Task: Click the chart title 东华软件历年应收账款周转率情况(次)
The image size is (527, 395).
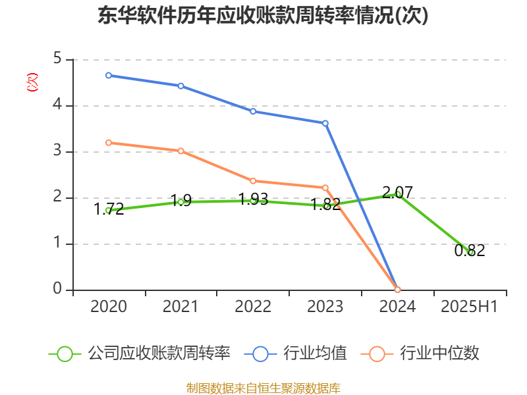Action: tap(263, 15)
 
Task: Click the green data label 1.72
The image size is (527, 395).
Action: tap(109, 209)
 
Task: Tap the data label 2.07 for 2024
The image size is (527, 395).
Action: tap(397, 192)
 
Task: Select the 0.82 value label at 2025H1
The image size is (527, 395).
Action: tap(470, 250)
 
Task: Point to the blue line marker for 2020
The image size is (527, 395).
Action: tap(109, 75)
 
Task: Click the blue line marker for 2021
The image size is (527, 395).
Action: tap(180, 86)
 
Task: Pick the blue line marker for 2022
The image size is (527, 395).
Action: tap(253, 111)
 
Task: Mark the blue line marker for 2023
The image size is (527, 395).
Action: tap(325, 123)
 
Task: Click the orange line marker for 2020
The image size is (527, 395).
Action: tap(109, 142)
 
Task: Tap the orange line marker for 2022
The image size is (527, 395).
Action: tap(253, 180)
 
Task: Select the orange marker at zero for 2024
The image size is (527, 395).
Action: tap(397, 290)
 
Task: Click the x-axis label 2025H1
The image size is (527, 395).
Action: tap(470, 307)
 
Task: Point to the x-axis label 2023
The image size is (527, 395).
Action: tap(325, 307)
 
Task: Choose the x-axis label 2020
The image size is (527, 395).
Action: tap(109, 307)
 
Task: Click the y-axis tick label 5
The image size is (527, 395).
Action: tap(57, 59)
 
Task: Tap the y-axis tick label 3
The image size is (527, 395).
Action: tap(57, 151)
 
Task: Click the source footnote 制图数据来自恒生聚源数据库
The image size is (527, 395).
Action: tap(263, 388)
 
